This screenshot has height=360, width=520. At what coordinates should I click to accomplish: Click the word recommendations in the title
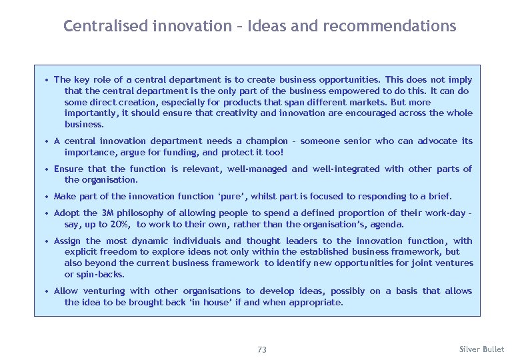click(390, 27)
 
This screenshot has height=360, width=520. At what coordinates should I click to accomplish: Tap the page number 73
click(261, 349)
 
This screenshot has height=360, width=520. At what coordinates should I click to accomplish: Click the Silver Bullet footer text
click(482, 349)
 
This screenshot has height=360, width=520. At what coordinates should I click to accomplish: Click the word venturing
click(104, 291)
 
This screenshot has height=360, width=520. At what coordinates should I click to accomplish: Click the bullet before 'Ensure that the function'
click(47, 169)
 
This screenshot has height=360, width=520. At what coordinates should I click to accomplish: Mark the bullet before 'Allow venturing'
click(47, 291)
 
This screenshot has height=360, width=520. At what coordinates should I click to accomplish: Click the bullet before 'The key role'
click(47, 79)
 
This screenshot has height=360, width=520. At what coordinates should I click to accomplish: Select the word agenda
click(387, 224)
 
